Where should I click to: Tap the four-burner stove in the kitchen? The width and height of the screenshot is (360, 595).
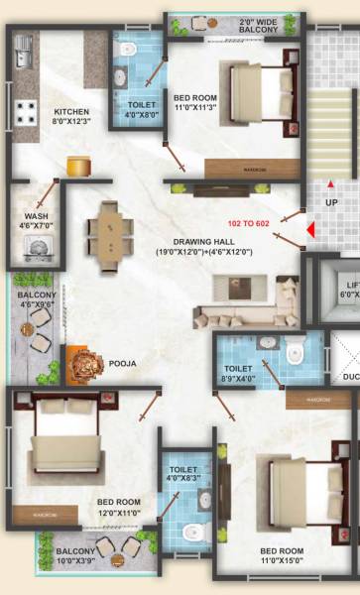(x=26, y=112)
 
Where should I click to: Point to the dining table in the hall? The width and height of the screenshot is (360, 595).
(x=106, y=233)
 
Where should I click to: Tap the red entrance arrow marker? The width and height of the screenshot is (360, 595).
(x=311, y=231)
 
